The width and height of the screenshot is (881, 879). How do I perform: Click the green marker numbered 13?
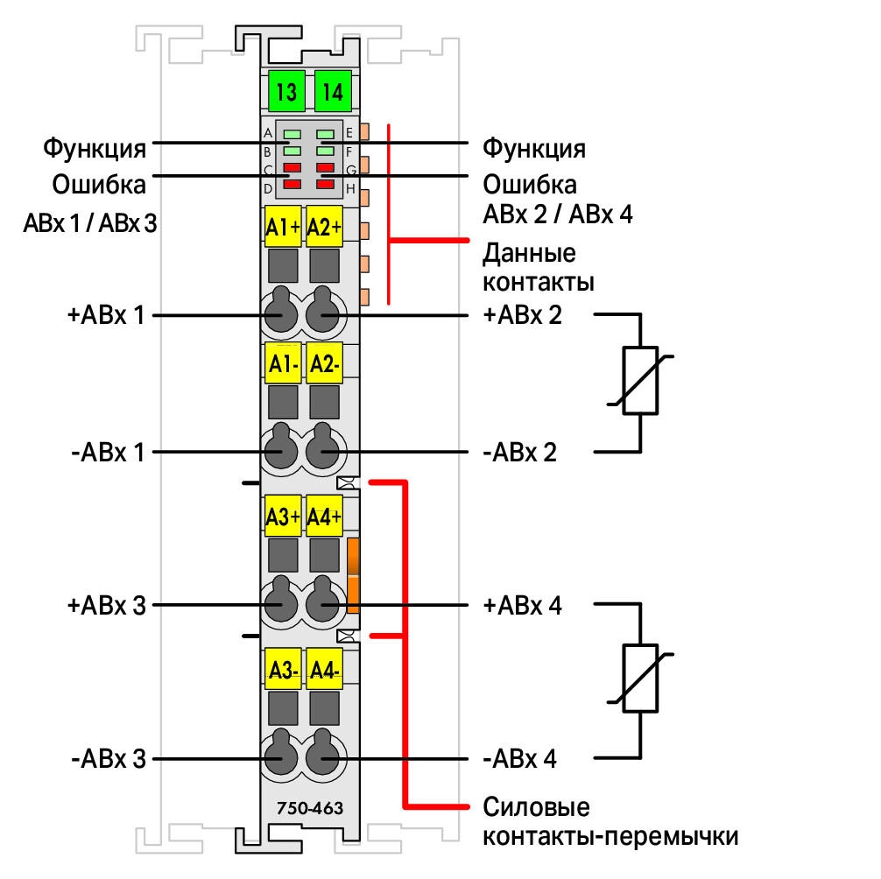(x=286, y=91)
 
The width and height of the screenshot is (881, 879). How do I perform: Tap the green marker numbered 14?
(x=333, y=91)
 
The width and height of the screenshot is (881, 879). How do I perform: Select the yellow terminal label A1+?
(x=283, y=227)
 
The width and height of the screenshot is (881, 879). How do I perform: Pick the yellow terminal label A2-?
(x=325, y=364)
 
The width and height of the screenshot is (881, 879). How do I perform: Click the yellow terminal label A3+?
(x=283, y=517)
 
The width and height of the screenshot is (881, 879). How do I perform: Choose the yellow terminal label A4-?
(x=325, y=670)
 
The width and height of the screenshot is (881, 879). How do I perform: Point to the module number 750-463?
(x=310, y=808)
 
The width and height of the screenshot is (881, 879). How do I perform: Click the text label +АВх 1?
(x=106, y=315)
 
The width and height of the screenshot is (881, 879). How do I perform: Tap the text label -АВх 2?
(x=519, y=452)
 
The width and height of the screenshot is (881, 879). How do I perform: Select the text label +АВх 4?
(x=523, y=606)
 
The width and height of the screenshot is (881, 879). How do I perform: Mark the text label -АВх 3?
(x=109, y=759)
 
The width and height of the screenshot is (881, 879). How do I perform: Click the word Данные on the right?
(x=529, y=253)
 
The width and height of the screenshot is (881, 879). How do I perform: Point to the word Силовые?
(x=537, y=807)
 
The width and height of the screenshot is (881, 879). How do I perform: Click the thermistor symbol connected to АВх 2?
(x=640, y=380)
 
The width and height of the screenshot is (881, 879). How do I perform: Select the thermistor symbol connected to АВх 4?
(x=640, y=679)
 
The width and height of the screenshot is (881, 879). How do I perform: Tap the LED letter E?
(x=349, y=133)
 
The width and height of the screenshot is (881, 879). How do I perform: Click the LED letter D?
(x=268, y=189)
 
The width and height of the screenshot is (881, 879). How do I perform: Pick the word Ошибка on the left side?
(x=99, y=185)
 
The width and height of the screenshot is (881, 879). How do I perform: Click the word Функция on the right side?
(x=534, y=148)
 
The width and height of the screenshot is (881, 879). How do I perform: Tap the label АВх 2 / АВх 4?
(x=558, y=214)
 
